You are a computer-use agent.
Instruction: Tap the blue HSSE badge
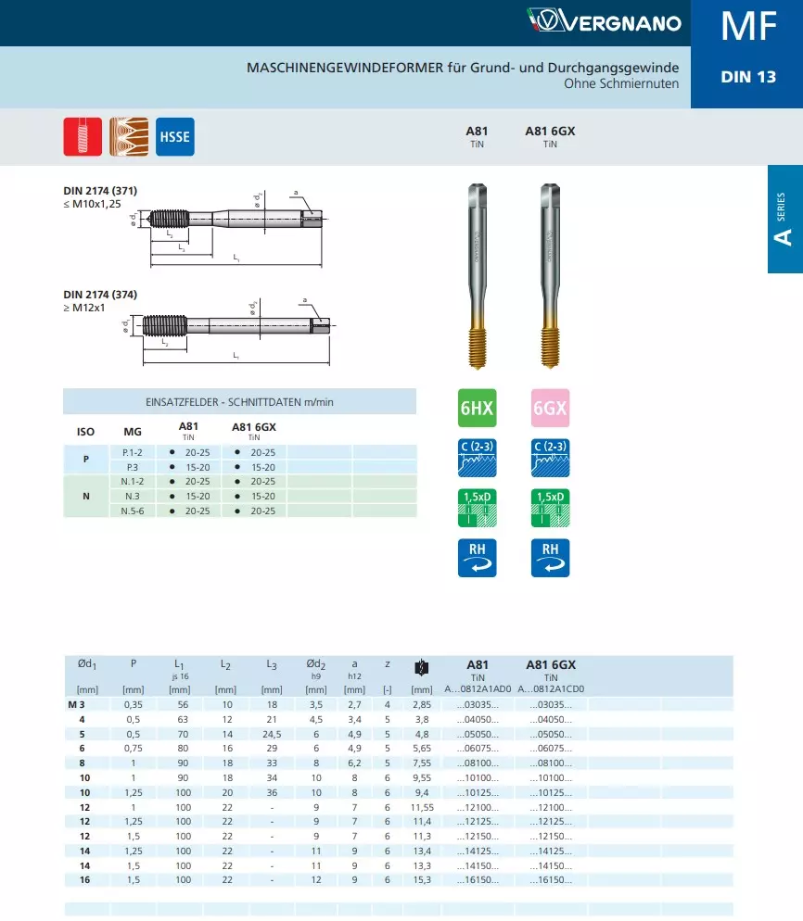[x=174, y=137]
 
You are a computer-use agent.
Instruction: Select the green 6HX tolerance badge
[x=477, y=408]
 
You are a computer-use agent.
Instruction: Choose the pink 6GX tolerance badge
[x=550, y=408]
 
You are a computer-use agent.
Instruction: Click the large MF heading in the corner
[x=747, y=27]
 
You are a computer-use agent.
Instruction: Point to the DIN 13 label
[x=747, y=77]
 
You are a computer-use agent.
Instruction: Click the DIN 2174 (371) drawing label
[x=100, y=191]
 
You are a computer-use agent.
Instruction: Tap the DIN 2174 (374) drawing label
[x=100, y=295]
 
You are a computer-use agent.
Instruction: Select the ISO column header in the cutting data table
[x=85, y=432]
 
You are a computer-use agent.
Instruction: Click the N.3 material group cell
[x=132, y=496]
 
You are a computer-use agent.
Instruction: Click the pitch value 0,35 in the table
[x=134, y=705]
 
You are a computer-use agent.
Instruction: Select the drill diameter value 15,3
[x=422, y=879]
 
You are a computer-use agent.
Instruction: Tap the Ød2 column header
[x=316, y=664]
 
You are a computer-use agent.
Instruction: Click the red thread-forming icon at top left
[x=82, y=137]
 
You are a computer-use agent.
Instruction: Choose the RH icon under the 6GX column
[x=550, y=557]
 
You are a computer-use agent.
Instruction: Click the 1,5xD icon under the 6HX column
[x=477, y=505]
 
